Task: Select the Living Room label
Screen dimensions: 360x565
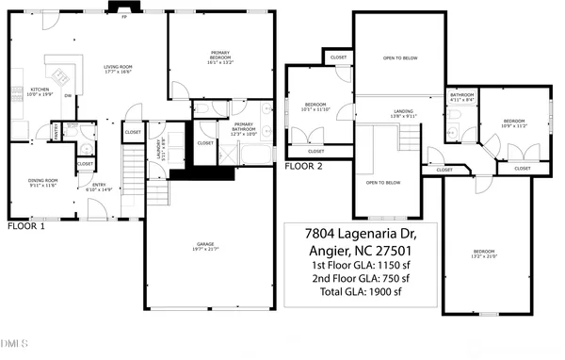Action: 117,69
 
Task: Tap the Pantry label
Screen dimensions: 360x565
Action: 56,130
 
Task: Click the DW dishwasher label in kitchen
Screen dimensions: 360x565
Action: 67,95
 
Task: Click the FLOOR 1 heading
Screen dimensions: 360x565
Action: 26,227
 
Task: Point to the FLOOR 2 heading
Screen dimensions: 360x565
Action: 304,166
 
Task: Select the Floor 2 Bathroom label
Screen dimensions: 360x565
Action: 461,97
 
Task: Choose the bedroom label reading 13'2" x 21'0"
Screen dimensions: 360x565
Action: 484,253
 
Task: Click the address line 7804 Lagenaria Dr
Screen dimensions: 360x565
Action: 360,233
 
